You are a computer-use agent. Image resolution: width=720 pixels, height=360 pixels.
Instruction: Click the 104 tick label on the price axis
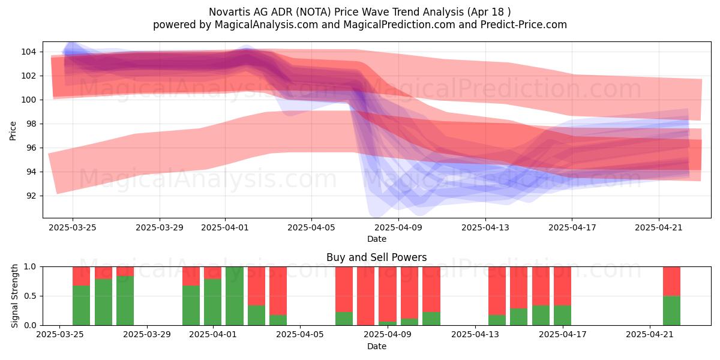pos(29,52)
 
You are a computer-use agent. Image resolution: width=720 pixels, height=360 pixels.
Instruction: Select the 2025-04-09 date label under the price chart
pos(398,227)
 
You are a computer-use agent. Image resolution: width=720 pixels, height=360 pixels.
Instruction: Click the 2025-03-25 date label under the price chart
pos(73,227)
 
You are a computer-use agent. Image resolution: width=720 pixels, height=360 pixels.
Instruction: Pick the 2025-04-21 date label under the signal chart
pos(650,334)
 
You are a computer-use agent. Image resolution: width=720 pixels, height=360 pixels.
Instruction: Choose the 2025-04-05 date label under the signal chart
pos(300,334)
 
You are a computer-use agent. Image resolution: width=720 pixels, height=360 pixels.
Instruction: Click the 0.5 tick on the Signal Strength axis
pos(30,296)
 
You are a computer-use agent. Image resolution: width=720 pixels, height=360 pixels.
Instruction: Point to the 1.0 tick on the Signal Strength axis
pos(30,267)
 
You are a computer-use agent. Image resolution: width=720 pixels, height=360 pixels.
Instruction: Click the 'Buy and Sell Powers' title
pos(376,257)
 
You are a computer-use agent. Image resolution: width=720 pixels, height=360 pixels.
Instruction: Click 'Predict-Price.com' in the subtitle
pos(524,25)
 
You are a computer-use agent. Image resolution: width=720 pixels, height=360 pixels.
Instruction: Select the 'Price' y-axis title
pos(13,131)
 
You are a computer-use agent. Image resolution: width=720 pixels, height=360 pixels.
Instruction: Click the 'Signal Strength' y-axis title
pos(14,296)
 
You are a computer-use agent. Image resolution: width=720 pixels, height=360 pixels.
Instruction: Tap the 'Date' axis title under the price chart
pos(377,239)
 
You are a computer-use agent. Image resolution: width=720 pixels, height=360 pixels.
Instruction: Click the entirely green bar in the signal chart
pos(235,296)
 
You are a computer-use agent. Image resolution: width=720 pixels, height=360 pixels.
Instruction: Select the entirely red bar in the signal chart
pos(366,296)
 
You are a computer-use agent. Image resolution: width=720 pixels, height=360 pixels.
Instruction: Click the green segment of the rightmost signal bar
pos(671,311)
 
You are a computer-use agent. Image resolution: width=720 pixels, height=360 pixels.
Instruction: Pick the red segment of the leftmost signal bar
pos(82,276)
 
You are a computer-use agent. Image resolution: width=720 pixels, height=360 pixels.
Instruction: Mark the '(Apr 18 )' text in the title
pos(488,12)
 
